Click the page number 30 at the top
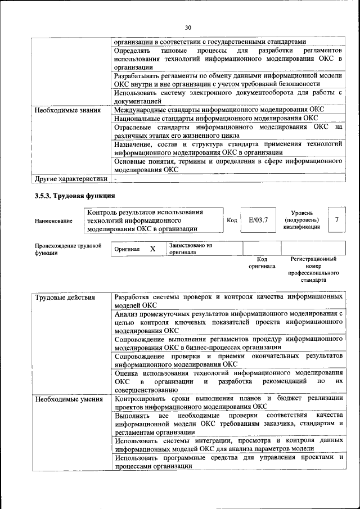point(188,27)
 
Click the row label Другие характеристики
point(70,178)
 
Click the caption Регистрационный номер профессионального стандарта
point(313,269)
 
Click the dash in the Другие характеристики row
point(115,178)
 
